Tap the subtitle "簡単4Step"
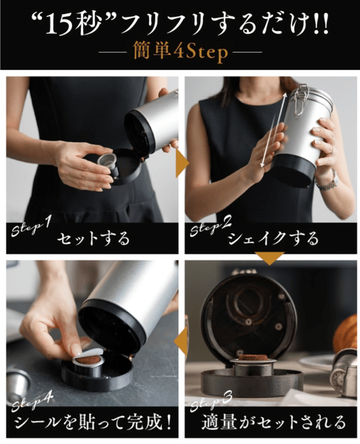[179, 52]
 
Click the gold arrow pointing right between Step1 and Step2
[181, 164]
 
